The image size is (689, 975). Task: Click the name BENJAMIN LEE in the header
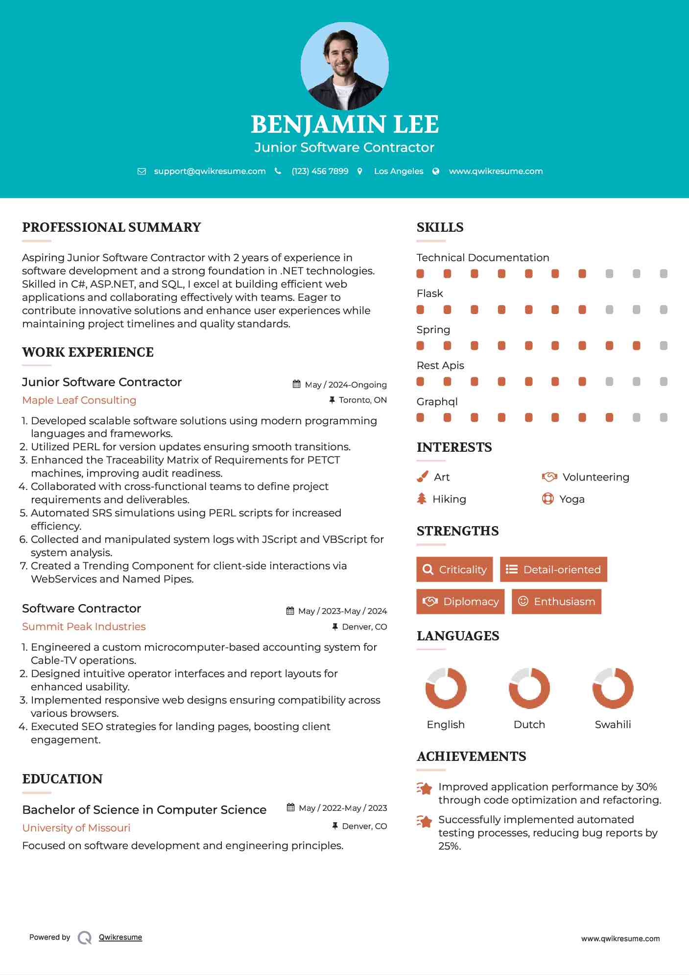click(x=344, y=124)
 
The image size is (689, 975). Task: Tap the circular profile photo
click(x=344, y=66)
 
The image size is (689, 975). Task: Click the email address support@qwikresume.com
click(x=210, y=171)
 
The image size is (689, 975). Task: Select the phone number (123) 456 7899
click(x=320, y=171)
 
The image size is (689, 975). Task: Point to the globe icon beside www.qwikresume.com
click(x=436, y=171)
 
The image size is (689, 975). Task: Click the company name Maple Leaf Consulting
click(x=79, y=400)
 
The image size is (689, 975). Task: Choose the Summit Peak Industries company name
click(x=84, y=627)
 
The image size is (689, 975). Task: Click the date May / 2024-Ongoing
click(x=345, y=385)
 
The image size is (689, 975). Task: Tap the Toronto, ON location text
click(x=362, y=400)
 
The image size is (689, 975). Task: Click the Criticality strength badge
click(x=454, y=569)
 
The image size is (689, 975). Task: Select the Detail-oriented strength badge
click(x=553, y=569)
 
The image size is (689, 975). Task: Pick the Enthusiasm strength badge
click(x=556, y=601)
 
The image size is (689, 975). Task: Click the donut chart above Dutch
click(x=529, y=688)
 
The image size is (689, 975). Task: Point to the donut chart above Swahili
click(x=613, y=688)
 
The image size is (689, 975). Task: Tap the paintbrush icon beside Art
click(x=422, y=477)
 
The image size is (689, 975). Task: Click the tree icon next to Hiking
click(x=422, y=499)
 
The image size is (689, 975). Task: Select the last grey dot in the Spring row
click(x=664, y=346)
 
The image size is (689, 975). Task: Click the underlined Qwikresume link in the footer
click(x=120, y=937)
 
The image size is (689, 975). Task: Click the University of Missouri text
click(x=76, y=828)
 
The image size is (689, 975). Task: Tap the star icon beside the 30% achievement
click(x=425, y=788)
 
